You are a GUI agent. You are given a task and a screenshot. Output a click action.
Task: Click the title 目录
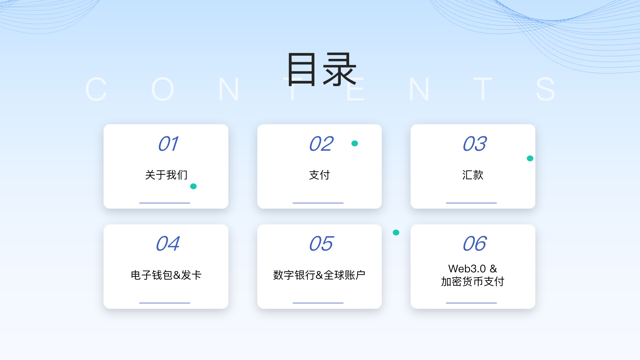point(321,69)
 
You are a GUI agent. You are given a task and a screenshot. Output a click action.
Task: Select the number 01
point(168,144)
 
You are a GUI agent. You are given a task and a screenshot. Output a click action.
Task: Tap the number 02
point(321,144)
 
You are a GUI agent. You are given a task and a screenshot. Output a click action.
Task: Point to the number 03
point(475,144)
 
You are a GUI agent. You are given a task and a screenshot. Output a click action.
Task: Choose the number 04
point(168,244)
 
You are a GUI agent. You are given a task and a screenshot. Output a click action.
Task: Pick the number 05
point(321,244)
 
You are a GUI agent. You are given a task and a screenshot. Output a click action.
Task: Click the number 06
point(475,244)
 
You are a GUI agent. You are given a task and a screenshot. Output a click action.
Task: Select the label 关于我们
point(166,175)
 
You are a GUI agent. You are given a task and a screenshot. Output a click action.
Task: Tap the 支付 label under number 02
point(319,175)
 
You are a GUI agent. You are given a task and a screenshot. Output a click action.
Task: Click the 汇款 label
point(473,175)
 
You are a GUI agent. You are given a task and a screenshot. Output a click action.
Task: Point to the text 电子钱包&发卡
point(166,275)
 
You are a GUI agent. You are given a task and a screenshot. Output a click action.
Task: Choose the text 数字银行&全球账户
point(319,275)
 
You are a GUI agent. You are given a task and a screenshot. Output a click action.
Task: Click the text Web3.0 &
point(473,268)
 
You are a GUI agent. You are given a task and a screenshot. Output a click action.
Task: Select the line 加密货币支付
point(473,282)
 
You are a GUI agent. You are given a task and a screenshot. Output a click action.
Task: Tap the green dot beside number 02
point(355,143)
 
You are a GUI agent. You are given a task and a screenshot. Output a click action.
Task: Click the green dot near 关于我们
point(193,186)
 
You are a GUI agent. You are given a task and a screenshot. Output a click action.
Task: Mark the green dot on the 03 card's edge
point(530,158)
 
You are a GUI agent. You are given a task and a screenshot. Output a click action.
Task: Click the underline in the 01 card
point(164,203)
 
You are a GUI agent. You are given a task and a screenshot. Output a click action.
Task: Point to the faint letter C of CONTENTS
point(96,89)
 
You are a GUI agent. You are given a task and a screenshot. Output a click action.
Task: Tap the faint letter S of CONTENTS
point(546,89)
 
